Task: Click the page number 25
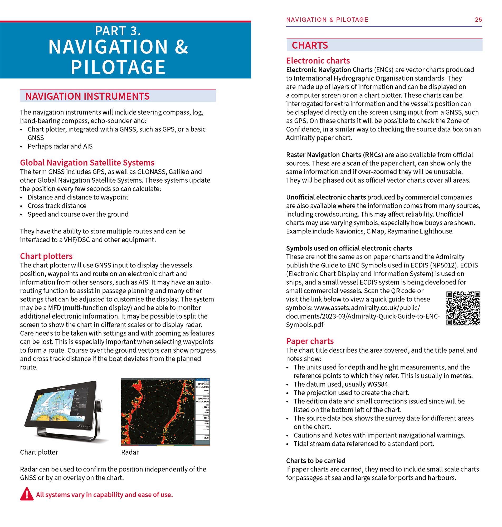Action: point(478,19)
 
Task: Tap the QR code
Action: point(463,308)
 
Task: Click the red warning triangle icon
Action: point(27,494)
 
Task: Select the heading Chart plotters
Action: point(46,256)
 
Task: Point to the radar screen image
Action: point(165,412)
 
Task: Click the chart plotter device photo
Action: point(64,409)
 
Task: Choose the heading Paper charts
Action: point(310,341)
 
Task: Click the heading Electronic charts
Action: point(318,60)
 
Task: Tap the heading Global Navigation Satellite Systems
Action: point(87,163)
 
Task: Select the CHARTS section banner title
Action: point(310,45)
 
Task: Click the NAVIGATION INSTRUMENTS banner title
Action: point(87,96)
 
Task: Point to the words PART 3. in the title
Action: point(118,31)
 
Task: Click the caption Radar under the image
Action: point(130,452)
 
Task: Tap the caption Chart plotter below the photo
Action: point(39,452)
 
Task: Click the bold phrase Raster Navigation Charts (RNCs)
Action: point(334,155)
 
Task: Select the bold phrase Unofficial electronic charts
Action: point(326,197)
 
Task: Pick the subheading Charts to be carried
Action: point(315,460)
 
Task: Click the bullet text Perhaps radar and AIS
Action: point(60,146)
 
